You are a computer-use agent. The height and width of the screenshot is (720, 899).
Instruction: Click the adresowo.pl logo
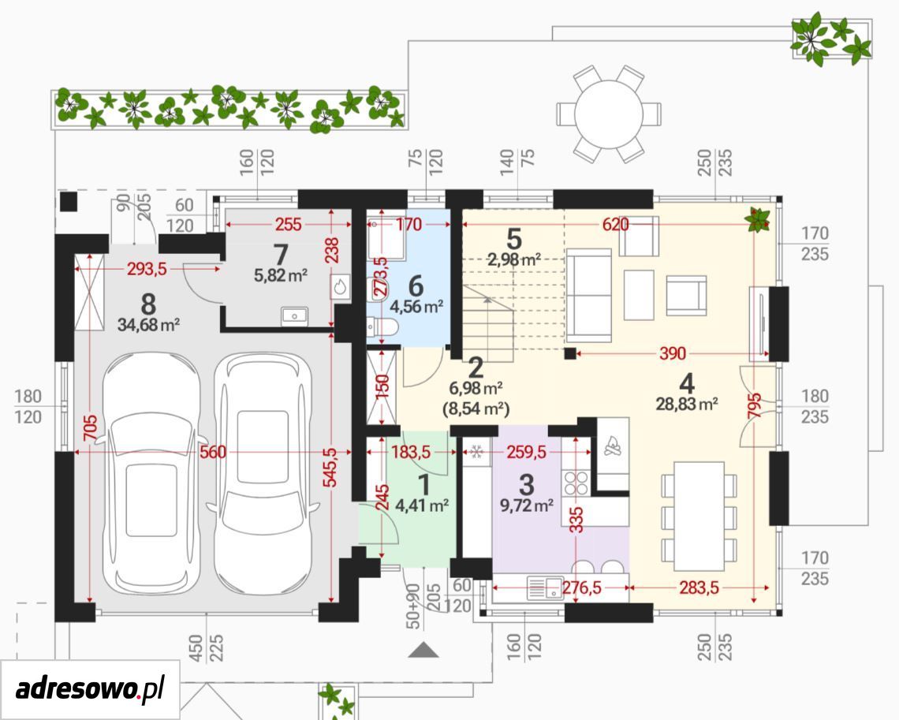(90, 688)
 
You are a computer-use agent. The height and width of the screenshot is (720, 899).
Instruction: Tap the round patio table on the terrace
(608, 113)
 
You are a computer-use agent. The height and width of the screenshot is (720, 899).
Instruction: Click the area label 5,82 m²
(281, 275)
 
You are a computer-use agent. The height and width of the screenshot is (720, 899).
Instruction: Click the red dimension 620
(615, 224)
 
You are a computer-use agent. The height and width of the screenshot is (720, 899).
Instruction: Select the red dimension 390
(672, 353)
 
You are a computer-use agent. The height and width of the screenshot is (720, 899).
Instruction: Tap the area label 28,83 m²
(687, 404)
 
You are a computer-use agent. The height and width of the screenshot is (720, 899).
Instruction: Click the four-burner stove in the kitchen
(576, 483)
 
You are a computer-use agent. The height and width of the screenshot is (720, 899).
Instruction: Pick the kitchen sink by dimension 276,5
(545, 588)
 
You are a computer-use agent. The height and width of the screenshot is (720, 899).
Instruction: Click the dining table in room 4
(699, 516)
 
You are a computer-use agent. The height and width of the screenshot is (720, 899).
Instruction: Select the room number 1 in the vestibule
(423, 485)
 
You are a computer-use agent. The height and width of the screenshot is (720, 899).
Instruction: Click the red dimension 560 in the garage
(213, 453)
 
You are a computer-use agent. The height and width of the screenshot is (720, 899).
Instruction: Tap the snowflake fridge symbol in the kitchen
(476, 453)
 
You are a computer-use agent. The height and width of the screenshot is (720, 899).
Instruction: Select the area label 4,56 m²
(417, 307)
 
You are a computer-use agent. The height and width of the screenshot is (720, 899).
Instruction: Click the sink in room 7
(295, 315)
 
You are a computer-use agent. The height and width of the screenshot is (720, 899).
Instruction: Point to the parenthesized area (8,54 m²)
(476, 409)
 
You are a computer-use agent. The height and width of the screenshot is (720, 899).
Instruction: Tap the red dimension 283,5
(699, 588)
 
